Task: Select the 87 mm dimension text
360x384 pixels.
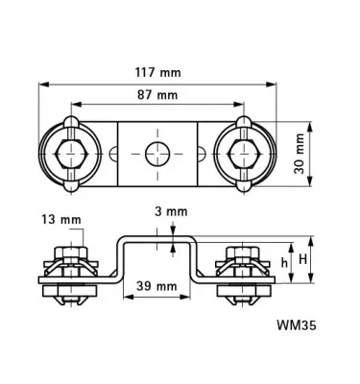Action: tap(156, 95)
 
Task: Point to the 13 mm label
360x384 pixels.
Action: tap(61, 219)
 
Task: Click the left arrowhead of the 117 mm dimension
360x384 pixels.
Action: tap(41, 84)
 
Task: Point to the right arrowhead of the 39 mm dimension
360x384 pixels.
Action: tap(195, 298)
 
